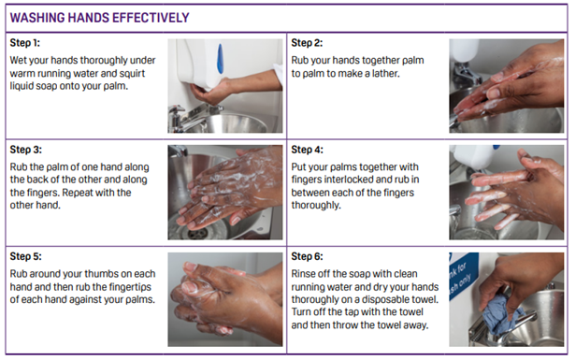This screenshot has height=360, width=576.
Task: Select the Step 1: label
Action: tap(29, 43)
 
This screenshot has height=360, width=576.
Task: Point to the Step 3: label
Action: tap(29, 149)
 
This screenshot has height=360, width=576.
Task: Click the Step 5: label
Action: tap(29, 255)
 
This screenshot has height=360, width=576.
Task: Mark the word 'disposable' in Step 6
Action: tap(382, 301)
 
